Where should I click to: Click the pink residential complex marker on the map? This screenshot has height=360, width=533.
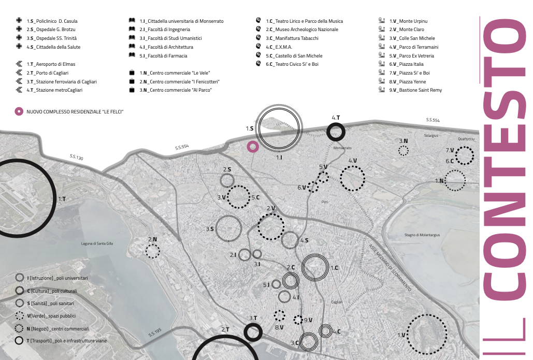[x=252, y=147]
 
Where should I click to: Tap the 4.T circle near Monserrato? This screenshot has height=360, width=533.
[x=336, y=132]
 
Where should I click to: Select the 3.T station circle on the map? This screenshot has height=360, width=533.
[x=252, y=332]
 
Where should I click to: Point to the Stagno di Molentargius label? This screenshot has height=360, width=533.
[x=422, y=235]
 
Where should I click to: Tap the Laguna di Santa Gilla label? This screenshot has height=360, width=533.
[x=97, y=243]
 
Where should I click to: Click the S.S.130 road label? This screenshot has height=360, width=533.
[x=76, y=157]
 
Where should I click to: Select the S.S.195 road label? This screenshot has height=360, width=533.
[x=155, y=332]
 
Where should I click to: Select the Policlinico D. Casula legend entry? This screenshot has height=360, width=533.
[x=52, y=21]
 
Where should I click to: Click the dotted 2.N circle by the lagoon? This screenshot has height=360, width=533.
[x=152, y=251]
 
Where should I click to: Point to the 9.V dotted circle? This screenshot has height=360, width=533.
[x=298, y=320]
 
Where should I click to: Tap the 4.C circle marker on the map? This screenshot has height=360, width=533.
[x=325, y=330]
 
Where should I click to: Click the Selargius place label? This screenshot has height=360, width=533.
[x=430, y=136]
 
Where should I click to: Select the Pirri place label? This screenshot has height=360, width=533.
[x=325, y=202]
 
